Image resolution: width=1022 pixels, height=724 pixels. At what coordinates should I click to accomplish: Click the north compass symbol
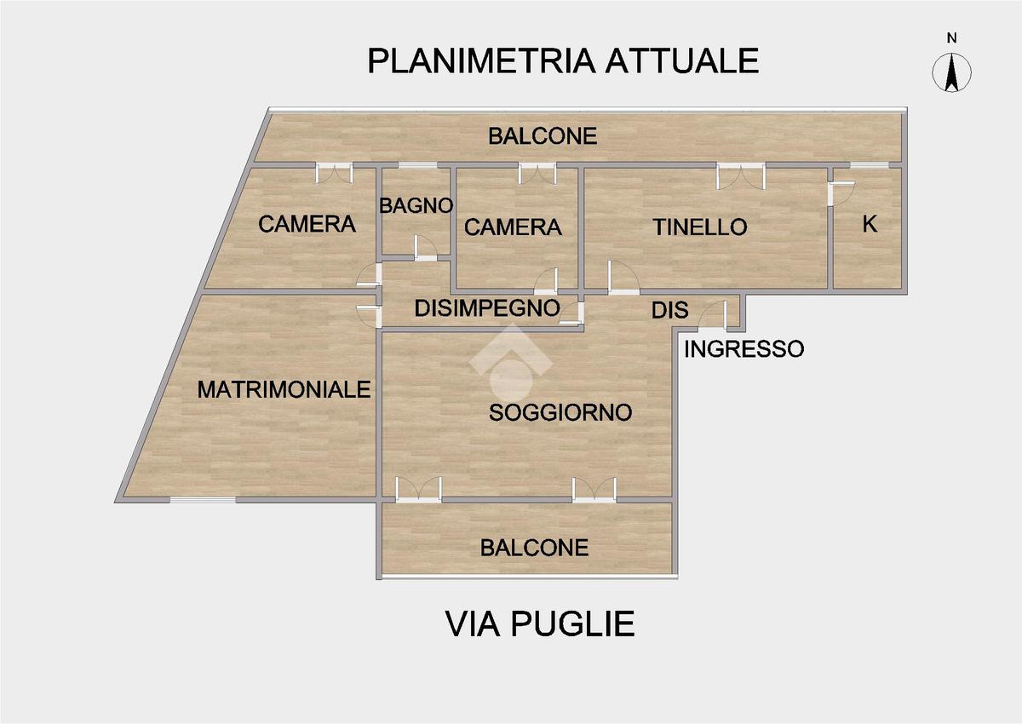click(x=953, y=72)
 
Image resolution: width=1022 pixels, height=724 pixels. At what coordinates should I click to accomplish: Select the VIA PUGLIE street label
click(x=540, y=623)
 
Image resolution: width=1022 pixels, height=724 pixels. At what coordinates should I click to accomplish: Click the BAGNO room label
click(x=415, y=205)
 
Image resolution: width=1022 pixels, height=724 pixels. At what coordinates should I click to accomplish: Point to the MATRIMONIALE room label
click(x=284, y=389)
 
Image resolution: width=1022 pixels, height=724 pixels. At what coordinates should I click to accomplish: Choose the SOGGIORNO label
click(x=560, y=413)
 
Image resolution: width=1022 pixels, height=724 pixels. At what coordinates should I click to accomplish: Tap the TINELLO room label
click(x=699, y=227)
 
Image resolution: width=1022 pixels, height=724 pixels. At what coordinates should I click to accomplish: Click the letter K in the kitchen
click(x=870, y=224)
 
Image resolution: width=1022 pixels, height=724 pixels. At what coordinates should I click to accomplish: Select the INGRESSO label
click(x=744, y=348)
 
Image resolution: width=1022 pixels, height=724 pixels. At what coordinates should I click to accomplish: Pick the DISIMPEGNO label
click(x=486, y=308)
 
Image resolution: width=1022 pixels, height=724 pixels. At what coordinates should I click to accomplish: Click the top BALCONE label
click(x=542, y=135)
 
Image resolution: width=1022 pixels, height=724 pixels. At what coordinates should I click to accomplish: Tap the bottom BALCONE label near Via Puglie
click(x=534, y=547)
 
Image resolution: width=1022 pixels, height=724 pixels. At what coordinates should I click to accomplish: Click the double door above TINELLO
click(x=740, y=175)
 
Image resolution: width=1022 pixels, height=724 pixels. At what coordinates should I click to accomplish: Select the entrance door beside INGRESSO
click(x=712, y=317)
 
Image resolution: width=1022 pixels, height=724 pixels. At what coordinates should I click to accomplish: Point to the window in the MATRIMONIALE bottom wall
click(x=203, y=499)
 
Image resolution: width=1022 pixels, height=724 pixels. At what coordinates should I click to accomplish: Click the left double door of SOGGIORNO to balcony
click(x=418, y=490)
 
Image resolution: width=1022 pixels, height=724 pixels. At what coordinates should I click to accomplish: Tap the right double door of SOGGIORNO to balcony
click(x=594, y=490)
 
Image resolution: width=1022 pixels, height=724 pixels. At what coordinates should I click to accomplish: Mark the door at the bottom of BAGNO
click(x=425, y=248)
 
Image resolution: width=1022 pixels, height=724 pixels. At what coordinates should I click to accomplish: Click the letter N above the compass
click(x=953, y=37)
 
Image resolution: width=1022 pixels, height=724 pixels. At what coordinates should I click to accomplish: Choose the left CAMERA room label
click(x=307, y=224)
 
